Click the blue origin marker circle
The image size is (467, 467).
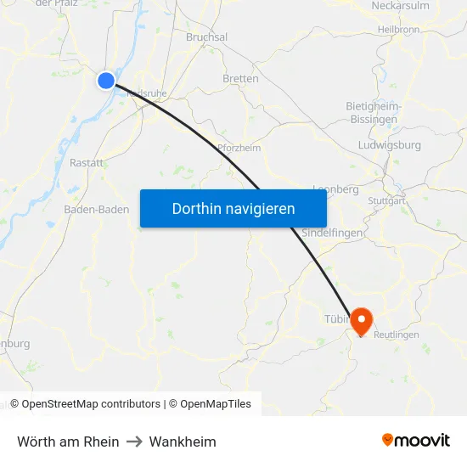[x=105, y=81]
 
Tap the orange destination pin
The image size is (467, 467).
[x=362, y=321]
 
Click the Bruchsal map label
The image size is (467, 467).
[x=207, y=37]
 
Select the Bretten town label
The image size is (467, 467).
[x=240, y=79]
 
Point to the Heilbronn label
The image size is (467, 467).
[x=398, y=29]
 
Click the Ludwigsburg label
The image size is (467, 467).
[x=391, y=145]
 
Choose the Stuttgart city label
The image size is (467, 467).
[x=386, y=201]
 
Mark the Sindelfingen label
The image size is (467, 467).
[x=333, y=233]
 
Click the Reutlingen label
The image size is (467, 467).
[x=397, y=335]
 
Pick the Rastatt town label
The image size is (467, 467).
[x=87, y=162]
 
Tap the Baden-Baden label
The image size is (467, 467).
[x=97, y=210]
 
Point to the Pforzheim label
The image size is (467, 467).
[x=239, y=148]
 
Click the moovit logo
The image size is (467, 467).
[x=416, y=441]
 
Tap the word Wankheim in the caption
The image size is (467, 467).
[x=183, y=442]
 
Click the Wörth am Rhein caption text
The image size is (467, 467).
[x=68, y=442]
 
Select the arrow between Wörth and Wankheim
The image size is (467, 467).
[x=134, y=442]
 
